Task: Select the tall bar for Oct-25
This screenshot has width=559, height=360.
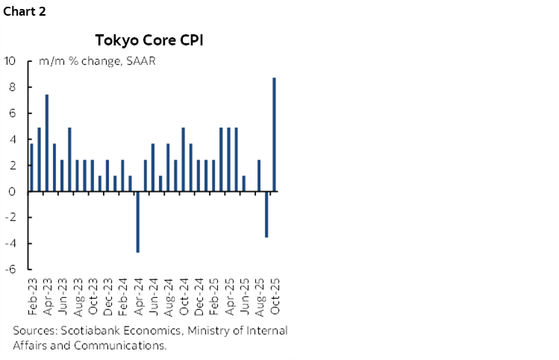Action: pyautogui.click(x=275, y=134)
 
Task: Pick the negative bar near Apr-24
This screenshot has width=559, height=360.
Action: pyautogui.click(x=137, y=222)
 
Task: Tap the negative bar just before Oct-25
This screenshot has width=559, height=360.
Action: pyautogui.click(x=266, y=214)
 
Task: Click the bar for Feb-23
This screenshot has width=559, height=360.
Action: pyautogui.click(x=31, y=167)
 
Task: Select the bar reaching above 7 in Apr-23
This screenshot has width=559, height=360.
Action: pyautogui.click(x=47, y=143)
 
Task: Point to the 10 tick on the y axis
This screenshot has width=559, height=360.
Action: pyautogui.click(x=10, y=60)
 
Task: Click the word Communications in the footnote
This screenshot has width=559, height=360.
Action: pyautogui.click(x=120, y=345)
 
